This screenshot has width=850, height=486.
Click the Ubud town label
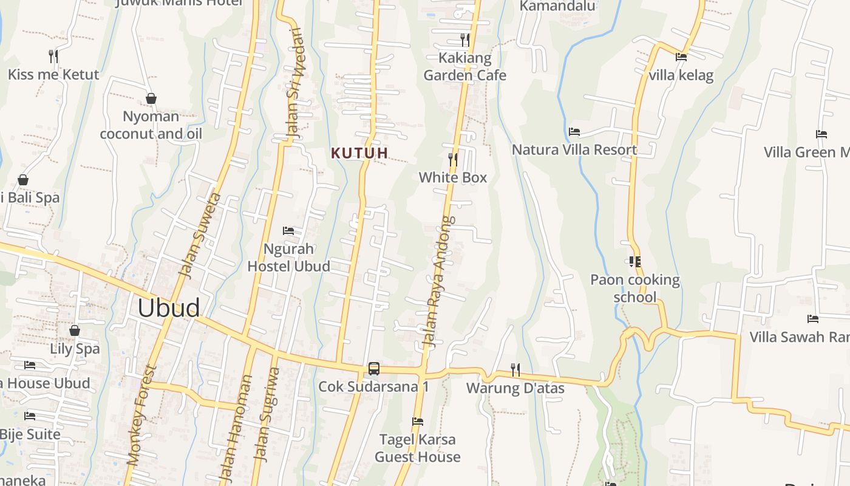(x=168, y=308)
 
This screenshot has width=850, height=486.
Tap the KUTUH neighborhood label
(x=359, y=153)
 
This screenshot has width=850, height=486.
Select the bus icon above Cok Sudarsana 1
(x=374, y=369)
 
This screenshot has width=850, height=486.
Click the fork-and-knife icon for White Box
(x=453, y=160)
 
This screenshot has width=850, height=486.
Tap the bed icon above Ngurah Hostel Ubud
(x=288, y=231)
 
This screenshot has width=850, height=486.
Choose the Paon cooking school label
(x=635, y=288)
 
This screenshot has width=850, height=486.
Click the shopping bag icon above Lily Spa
(x=75, y=330)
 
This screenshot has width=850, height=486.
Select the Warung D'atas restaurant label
(x=515, y=388)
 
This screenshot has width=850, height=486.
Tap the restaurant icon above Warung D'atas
(x=515, y=369)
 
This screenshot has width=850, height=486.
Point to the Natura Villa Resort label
(x=574, y=149)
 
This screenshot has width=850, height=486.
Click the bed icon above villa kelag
(x=681, y=57)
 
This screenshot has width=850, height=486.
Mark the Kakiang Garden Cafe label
(x=464, y=67)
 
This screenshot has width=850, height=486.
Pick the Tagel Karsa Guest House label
(x=418, y=448)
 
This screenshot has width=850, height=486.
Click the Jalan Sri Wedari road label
(x=293, y=82)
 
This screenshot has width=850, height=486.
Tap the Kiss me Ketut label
(x=53, y=75)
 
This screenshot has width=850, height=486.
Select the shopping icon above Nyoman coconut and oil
(x=151, y=98)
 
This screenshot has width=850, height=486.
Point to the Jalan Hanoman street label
(x=236, y=428)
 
